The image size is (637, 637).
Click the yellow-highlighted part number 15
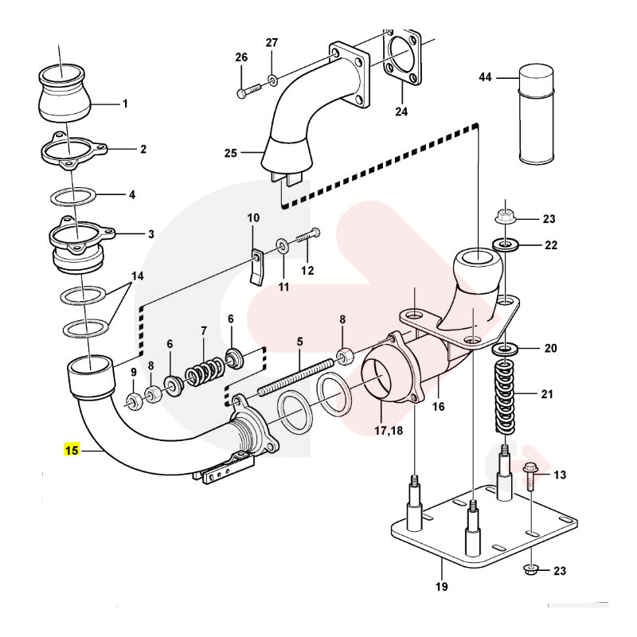(72, 451)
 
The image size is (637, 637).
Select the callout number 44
(486, 77)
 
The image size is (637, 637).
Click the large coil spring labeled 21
(506, 394)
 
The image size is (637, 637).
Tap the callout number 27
(272, 42)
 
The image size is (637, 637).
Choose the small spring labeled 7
(205, 371)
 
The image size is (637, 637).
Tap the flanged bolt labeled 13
(531, 483)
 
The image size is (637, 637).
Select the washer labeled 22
(503, 244)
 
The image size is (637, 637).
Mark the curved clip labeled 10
(257, 267)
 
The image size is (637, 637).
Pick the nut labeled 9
(134, 398)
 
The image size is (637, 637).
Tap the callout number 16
(438, 406)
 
